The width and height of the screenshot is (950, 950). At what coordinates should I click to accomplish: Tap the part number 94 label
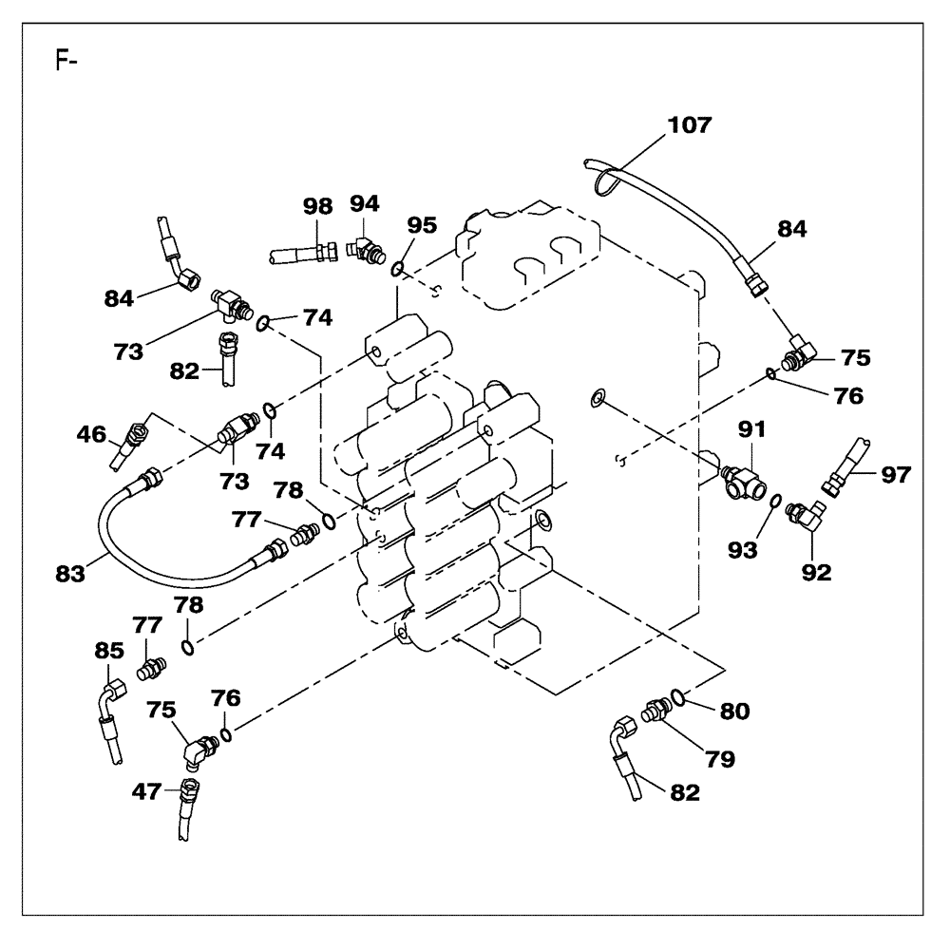pos(364,202)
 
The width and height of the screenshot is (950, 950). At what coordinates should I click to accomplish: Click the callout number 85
pos(108,652)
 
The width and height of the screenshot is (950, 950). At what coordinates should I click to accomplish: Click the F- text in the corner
pos(66,65)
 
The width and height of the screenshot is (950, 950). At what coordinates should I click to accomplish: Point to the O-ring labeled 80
pos(678,698)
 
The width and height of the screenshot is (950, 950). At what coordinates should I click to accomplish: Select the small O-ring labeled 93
pos(776,502)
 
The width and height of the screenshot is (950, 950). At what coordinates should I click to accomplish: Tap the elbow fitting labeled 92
pos(809,517)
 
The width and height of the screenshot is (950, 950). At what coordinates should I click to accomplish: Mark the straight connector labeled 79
pos(655,711)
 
